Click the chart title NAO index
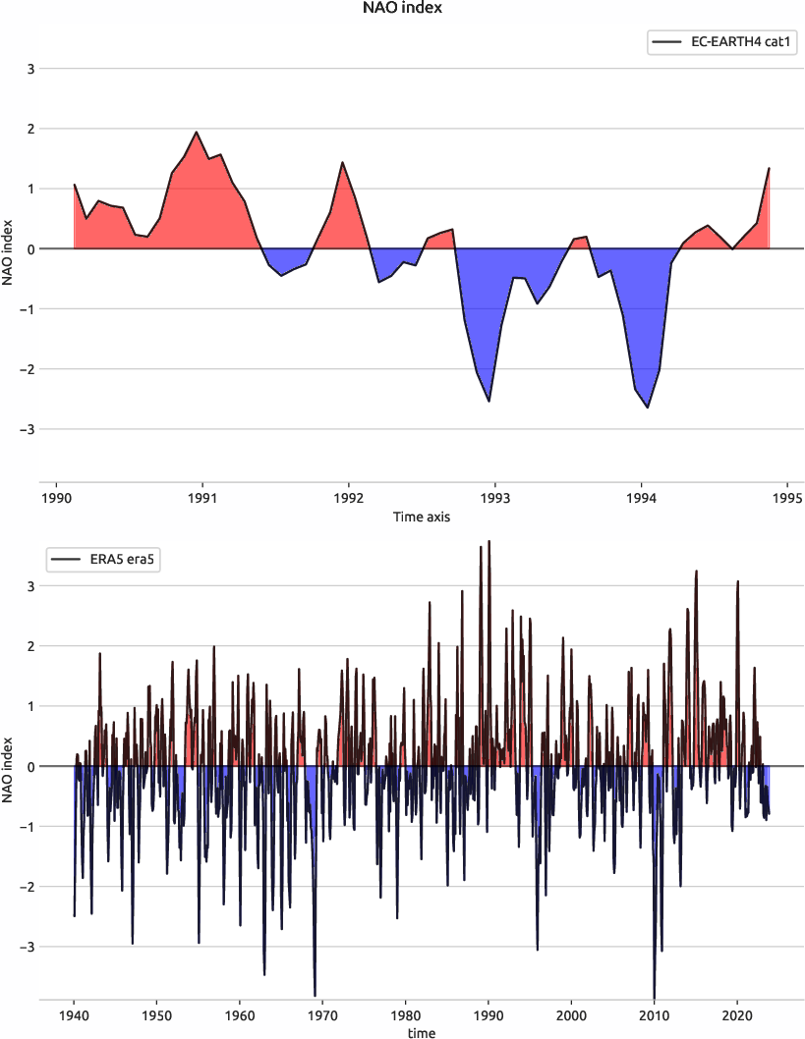click(x=402, y=9)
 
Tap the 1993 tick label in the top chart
click(x=495, y=498)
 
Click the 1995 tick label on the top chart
click(x=788, y=498)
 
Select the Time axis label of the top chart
click(x=421, y=517)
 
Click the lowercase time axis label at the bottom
click(x=421, y=1032)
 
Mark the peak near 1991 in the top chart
click(x=197, y=132)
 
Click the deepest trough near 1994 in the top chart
click(x=648, y=408)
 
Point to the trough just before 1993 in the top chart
click(x=489, y=402)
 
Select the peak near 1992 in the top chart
click(x=342, y=162)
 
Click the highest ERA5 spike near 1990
click(x=489, y=541)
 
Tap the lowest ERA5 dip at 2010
click(x=654, y=997)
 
